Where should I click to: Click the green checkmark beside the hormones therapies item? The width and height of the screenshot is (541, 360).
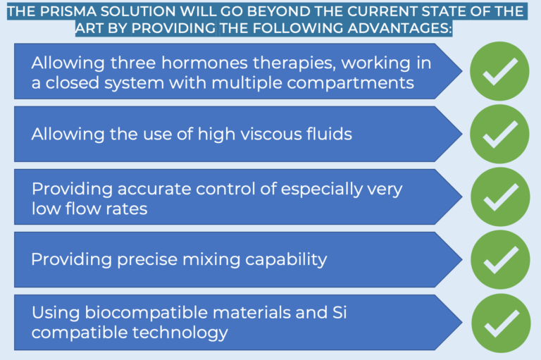(x=499, y=71)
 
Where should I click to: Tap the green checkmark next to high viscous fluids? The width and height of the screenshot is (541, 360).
(x=499, y=134)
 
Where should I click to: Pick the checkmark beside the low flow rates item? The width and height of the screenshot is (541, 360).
(x=500, y=197)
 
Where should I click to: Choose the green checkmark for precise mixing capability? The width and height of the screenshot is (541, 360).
(x=500, y=259)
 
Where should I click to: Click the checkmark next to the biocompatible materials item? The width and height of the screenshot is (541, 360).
(x=501, y=323)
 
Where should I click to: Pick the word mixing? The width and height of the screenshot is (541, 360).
(x=211, y=260)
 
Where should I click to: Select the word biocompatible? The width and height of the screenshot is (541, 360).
(x=147, y=313)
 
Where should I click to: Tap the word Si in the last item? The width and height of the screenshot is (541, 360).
(x=340, y=313)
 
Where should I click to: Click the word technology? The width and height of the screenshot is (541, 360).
(x=180, y=333)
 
